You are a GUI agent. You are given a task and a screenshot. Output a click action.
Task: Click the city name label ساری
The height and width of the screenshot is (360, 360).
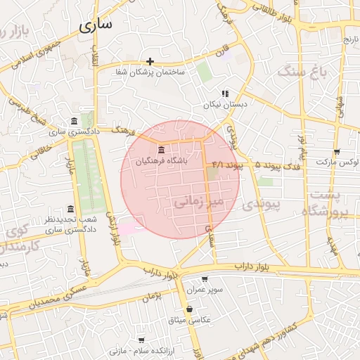click(x=96, y=26)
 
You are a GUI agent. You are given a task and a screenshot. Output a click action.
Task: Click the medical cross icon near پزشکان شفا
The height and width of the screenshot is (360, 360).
click(x=150, y=61)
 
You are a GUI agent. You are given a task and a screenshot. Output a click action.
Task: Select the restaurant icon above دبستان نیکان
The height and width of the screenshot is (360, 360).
click(x=225, y=94)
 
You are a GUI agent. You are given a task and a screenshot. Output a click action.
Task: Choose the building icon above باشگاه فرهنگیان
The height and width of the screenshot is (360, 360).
click(x=162, y=150)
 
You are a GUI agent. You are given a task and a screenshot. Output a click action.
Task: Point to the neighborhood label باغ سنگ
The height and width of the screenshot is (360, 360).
click(x=302, y=71)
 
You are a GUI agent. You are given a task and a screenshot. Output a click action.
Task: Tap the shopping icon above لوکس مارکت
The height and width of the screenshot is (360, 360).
click(x=337, y=151)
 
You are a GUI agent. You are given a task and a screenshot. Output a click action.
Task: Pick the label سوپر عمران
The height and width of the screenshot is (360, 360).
click(x=205, y=290)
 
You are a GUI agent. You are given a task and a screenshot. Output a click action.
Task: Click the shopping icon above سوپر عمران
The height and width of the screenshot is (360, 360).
click(x=205, y=279)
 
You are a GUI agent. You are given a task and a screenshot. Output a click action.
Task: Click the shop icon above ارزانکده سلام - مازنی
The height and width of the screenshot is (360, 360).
click(x=142, y=340)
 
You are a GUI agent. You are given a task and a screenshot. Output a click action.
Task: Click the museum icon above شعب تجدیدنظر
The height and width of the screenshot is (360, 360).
click(x=70, y=209)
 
